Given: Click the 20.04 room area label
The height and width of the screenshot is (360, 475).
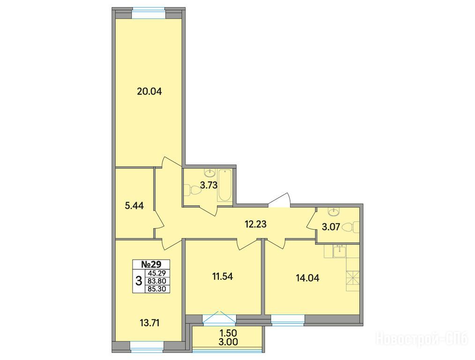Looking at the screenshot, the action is pos(149,91).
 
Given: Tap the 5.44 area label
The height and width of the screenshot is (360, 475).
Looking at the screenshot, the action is pos(134,206).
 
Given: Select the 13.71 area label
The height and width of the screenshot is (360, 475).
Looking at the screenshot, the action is pos(149,323).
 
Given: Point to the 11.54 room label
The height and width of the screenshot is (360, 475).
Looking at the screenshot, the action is pos(223,276).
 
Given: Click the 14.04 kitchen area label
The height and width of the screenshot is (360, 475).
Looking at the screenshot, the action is pos(307,278).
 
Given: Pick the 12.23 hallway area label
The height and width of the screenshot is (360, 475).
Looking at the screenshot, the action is pos(255,225).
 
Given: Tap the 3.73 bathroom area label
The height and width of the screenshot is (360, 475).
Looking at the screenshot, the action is pos(209,185).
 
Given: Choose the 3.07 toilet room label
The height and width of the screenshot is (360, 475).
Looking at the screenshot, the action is pos(331,227).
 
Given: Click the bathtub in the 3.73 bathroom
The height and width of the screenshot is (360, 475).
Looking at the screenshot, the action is pos(225,186).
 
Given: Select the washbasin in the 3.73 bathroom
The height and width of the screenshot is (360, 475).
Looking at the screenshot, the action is pos(210,173).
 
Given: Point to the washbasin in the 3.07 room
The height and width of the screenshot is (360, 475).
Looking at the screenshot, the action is pos(334,211).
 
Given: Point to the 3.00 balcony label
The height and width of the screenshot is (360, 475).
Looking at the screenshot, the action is pos(229,342).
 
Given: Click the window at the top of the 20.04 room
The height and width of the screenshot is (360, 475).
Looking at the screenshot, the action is pos(149,14).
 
